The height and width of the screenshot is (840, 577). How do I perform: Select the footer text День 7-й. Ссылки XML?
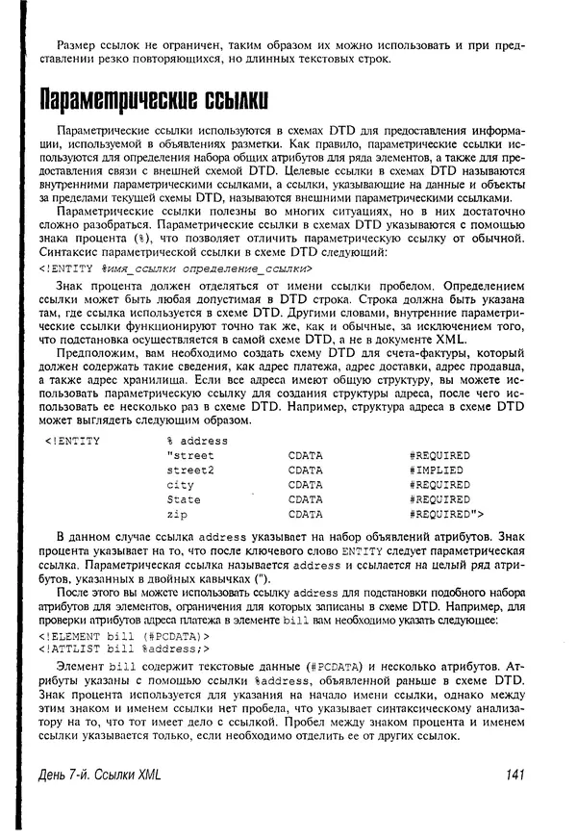(94, 775)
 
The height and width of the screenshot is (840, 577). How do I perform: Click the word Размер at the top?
(78, 46)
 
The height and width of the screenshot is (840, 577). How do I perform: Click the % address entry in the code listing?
(196, 440)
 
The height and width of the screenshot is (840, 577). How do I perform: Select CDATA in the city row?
(305, 485)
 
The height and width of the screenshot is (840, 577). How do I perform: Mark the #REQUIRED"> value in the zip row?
(445, 515)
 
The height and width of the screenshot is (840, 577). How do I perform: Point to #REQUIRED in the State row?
(439, 500)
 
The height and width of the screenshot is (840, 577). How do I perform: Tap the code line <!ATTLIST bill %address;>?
(125, 649)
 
